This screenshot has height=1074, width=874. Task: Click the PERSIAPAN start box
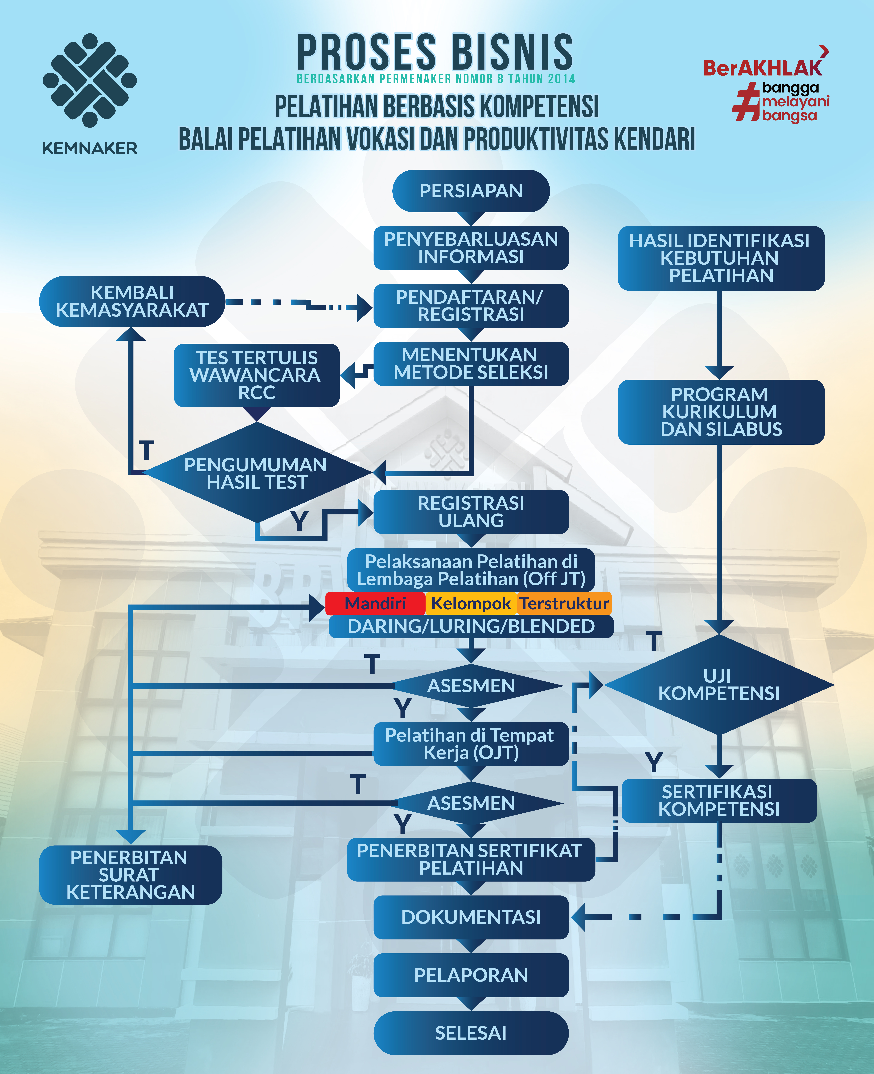[471, 191]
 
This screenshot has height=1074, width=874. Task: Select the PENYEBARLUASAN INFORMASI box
[471, 248]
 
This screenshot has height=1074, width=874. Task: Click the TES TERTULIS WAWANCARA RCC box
[257, 375]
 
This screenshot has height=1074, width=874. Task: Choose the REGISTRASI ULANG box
[471, 512]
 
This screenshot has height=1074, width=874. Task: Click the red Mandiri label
[375, 603]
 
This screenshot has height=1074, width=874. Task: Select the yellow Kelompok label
[471, 603]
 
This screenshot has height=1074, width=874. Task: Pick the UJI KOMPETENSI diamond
[719, 684]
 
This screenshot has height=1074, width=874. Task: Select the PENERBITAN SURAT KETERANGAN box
[130, 875]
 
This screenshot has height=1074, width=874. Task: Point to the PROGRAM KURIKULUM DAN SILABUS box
[721, 412]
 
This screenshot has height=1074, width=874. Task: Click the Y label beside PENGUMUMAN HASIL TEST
[299, 521]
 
